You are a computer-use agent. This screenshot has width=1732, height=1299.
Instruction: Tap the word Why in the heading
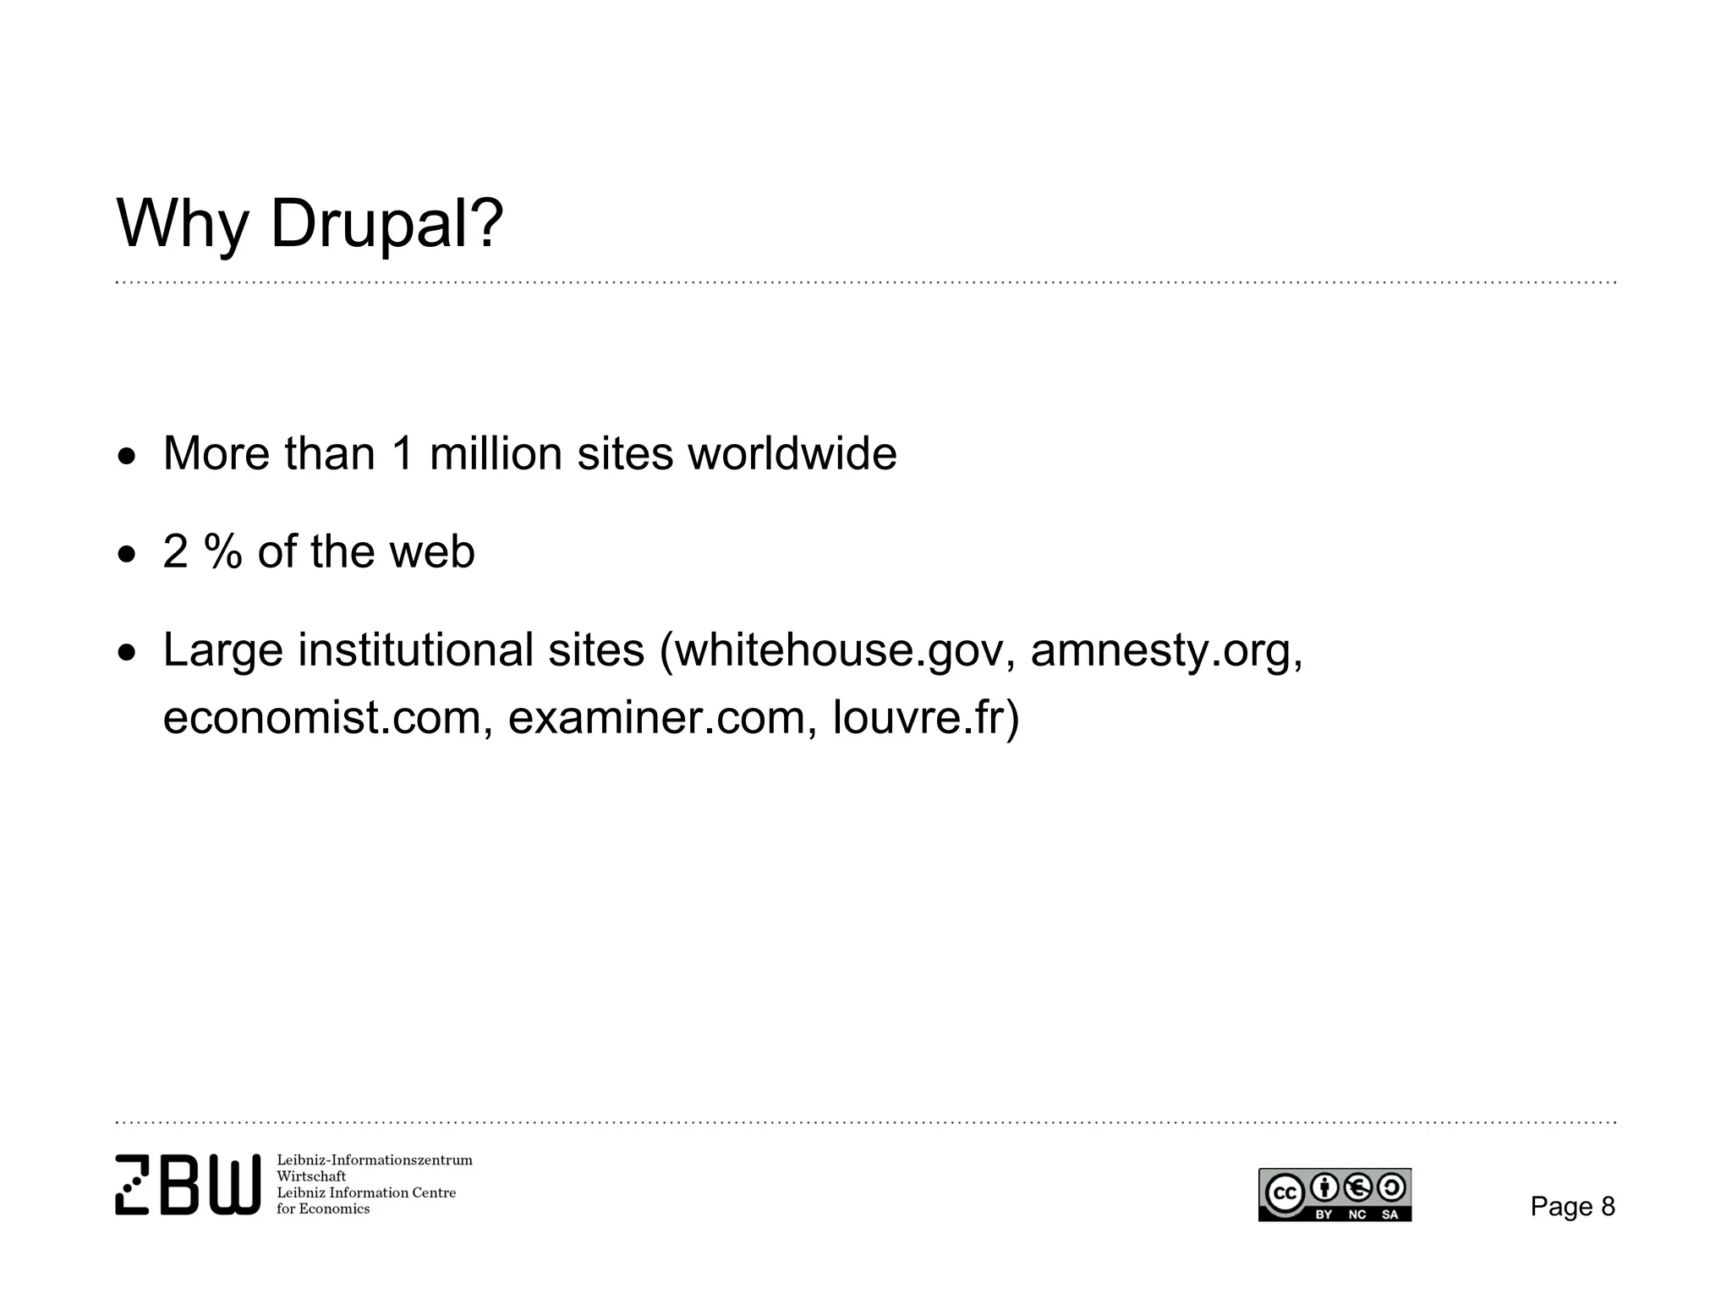[182, 224]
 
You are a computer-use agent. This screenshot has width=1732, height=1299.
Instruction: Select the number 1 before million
[403, 454]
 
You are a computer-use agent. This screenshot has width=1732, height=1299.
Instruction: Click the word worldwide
[792, 454]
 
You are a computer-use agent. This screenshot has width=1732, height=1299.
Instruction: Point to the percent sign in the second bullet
[223, 552]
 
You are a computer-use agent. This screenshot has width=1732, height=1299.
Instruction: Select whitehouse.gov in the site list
[837, 651]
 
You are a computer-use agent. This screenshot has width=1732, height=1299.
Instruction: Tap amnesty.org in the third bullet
[1166, 651]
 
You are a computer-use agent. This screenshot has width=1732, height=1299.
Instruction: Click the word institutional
[415, 651]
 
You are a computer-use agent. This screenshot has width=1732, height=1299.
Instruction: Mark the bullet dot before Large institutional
[127, 654]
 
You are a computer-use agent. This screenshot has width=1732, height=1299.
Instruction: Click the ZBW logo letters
[188, 1184]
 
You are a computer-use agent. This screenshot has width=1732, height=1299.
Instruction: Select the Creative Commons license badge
[1335, 1194]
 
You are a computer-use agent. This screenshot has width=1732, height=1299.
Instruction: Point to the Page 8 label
[1572, 1207]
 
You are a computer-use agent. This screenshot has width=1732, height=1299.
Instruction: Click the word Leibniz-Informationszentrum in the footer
[375, 1160]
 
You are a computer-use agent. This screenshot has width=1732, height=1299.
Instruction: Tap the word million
[496, 454]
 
